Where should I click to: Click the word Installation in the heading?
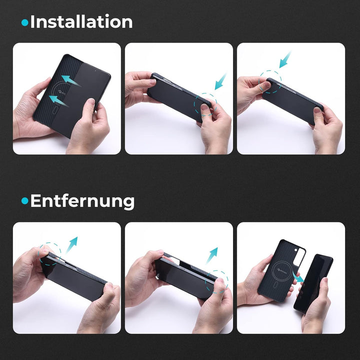click(81, 21)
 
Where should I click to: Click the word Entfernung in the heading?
click(82, 201)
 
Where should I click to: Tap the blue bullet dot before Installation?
click(24, 22)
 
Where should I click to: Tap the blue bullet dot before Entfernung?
click(24, 201)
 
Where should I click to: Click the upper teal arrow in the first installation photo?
click(70, 80)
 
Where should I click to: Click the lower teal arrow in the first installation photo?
click(58, 101)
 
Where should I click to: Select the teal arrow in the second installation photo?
click(220, 81)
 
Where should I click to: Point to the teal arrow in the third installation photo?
click(285, 59)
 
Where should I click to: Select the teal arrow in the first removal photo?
click(71, 244)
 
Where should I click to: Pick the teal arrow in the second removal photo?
click(212, 255)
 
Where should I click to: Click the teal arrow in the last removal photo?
click(298, 277)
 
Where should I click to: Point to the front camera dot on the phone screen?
click(95, 70)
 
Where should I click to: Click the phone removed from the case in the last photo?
click(312, 283)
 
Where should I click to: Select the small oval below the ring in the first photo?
click(54, 111)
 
